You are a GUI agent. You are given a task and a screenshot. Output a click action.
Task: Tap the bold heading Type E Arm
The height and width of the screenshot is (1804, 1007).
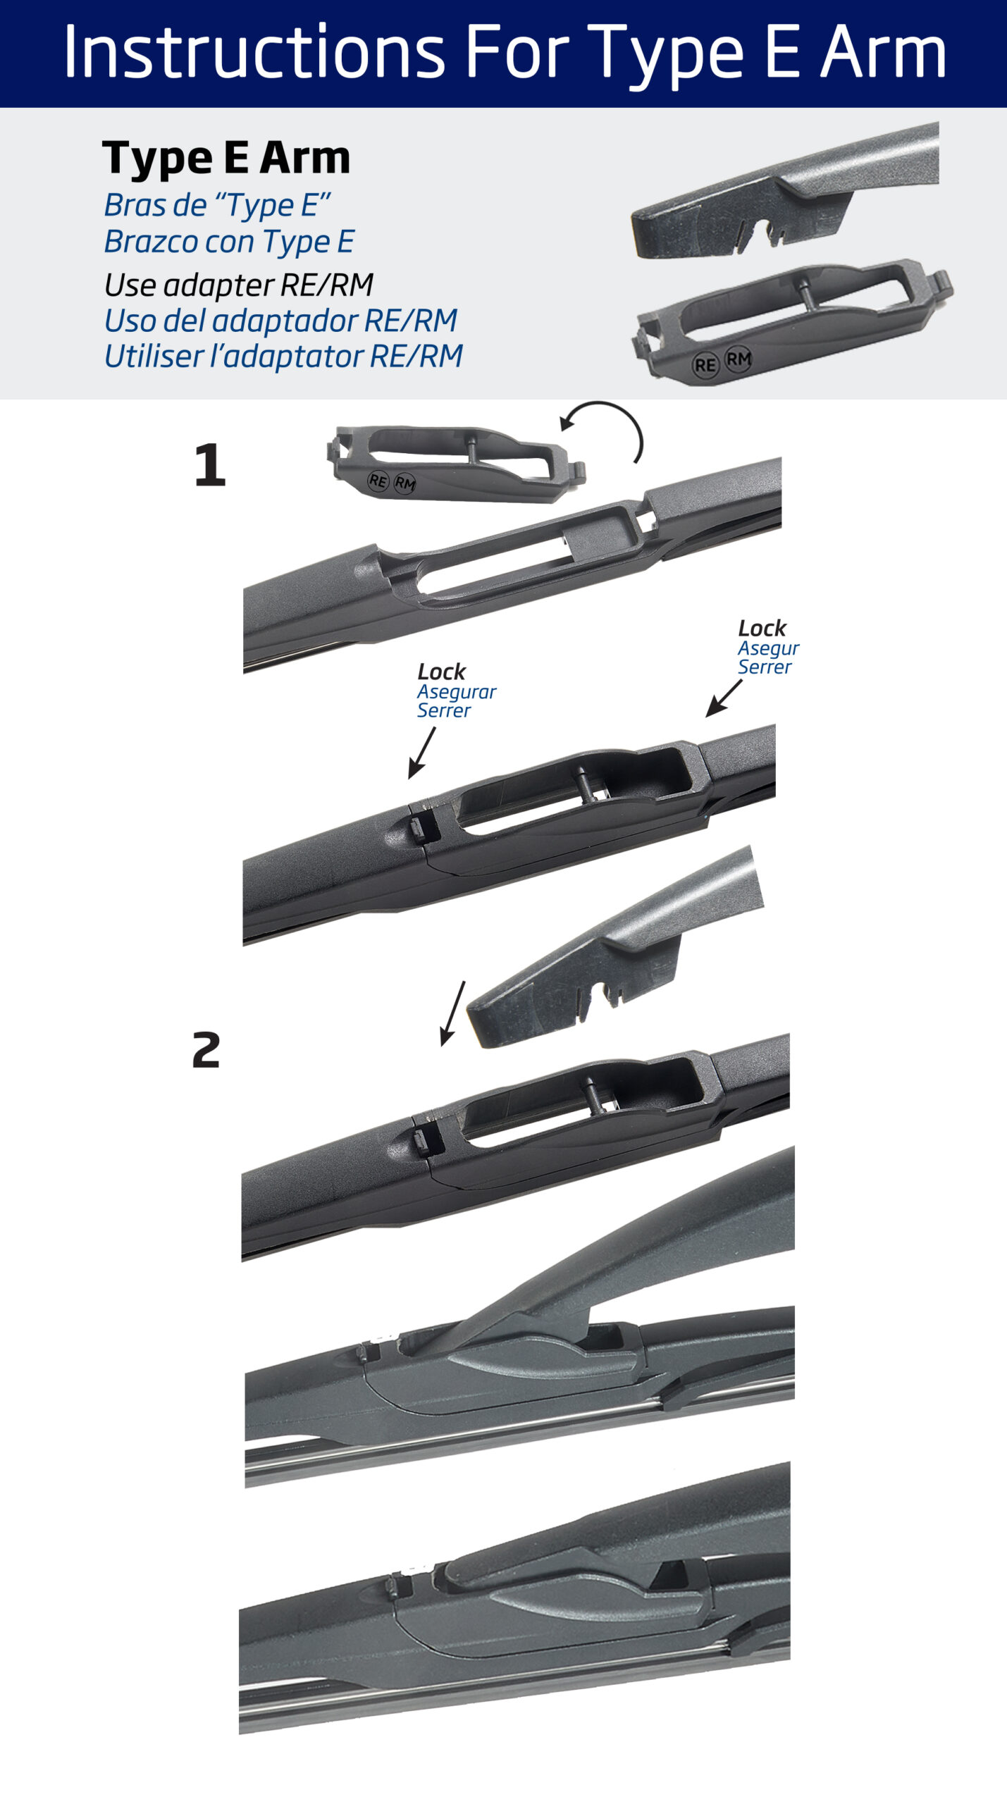click(x=226, y=158)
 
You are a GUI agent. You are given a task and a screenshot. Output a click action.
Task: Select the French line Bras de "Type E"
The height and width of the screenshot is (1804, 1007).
click(x=217, y=206)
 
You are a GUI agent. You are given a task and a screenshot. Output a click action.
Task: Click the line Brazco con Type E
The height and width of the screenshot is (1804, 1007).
click(x=229, y=242)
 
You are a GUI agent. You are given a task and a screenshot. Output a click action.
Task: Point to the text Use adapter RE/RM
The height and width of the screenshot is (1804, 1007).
click(x=238, y=285)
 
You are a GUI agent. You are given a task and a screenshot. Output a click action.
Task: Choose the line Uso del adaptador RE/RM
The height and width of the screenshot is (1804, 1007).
click(x=280, y=321)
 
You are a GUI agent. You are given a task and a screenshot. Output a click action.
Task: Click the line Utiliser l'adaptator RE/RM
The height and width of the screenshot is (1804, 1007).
click(x=283, y=357)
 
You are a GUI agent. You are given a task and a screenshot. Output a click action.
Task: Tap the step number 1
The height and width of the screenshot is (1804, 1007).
click(x=210, y=465)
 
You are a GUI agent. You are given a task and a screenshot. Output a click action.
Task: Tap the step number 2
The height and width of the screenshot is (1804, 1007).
click(x=206, y=1050)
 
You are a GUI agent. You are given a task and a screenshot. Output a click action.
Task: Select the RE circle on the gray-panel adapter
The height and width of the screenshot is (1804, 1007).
click(x=705, y=365)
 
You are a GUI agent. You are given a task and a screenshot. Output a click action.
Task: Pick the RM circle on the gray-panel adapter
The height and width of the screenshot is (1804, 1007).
click(x=738, y=360)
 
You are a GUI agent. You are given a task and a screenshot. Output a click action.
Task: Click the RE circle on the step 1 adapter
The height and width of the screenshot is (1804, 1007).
click(x=378, y=481)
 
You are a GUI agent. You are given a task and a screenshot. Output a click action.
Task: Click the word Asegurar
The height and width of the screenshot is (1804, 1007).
click(x=457, y=692)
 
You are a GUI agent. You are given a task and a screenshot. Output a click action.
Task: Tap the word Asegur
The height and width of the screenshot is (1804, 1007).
click(x=768, y=648)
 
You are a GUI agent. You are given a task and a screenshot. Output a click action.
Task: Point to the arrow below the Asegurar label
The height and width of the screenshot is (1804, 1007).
click(x=421, y=753)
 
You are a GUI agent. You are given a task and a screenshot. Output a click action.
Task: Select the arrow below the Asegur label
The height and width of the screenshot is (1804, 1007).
click(x=724, y=698)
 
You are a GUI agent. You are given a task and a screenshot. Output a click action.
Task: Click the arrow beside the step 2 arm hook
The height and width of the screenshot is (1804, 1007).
click(x=452, y=1013)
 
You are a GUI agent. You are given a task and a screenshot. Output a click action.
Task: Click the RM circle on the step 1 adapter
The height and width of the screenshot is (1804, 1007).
click(x=404, y=483)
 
